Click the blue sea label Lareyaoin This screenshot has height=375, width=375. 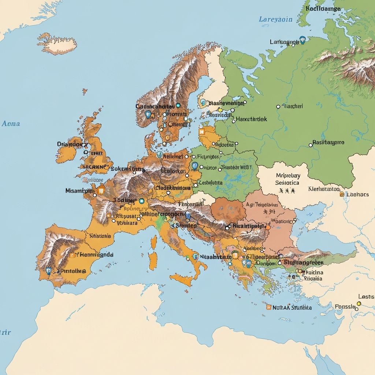(275, 19)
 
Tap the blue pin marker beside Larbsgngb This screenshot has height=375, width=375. (302, 40)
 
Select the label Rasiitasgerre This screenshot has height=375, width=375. (328, 142)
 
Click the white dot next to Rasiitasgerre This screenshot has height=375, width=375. (311, 145)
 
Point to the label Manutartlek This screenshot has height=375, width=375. (251, 119)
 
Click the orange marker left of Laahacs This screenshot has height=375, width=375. (342, 194)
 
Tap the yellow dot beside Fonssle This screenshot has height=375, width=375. (359, 304)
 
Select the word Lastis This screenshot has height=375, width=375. (366, 296)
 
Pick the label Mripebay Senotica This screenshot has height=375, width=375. (287, 179)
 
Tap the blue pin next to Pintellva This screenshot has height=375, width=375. (49, 271)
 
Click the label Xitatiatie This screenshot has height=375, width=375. (100, 236)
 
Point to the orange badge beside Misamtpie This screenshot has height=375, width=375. (101, 190)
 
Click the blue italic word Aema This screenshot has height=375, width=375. (11, 123)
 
